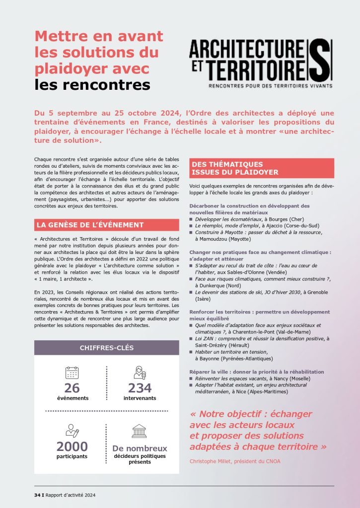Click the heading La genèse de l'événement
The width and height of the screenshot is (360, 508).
coord(90,225)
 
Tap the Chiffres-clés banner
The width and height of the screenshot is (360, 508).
coord(107,348)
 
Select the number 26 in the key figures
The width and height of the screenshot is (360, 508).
coord(72,388)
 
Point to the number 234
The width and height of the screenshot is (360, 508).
coord(140,388)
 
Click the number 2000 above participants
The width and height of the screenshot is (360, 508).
coord(72,446)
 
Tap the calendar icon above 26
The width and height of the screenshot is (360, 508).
coord(72,373)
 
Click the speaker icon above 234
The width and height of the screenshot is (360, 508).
coord(140,373)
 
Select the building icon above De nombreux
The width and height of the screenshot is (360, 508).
coord(140,431)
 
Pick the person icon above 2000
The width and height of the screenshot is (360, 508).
coord(72,431)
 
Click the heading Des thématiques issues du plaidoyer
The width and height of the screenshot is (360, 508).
coord(234,168)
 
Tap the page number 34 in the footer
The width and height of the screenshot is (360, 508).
coord(37,495)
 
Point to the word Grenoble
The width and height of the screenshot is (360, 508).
coord(317,292)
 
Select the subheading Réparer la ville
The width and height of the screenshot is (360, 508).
coord(211,372)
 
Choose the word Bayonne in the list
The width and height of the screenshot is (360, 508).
coord(211,358)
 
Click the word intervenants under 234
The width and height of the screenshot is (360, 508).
coord(140,398)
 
